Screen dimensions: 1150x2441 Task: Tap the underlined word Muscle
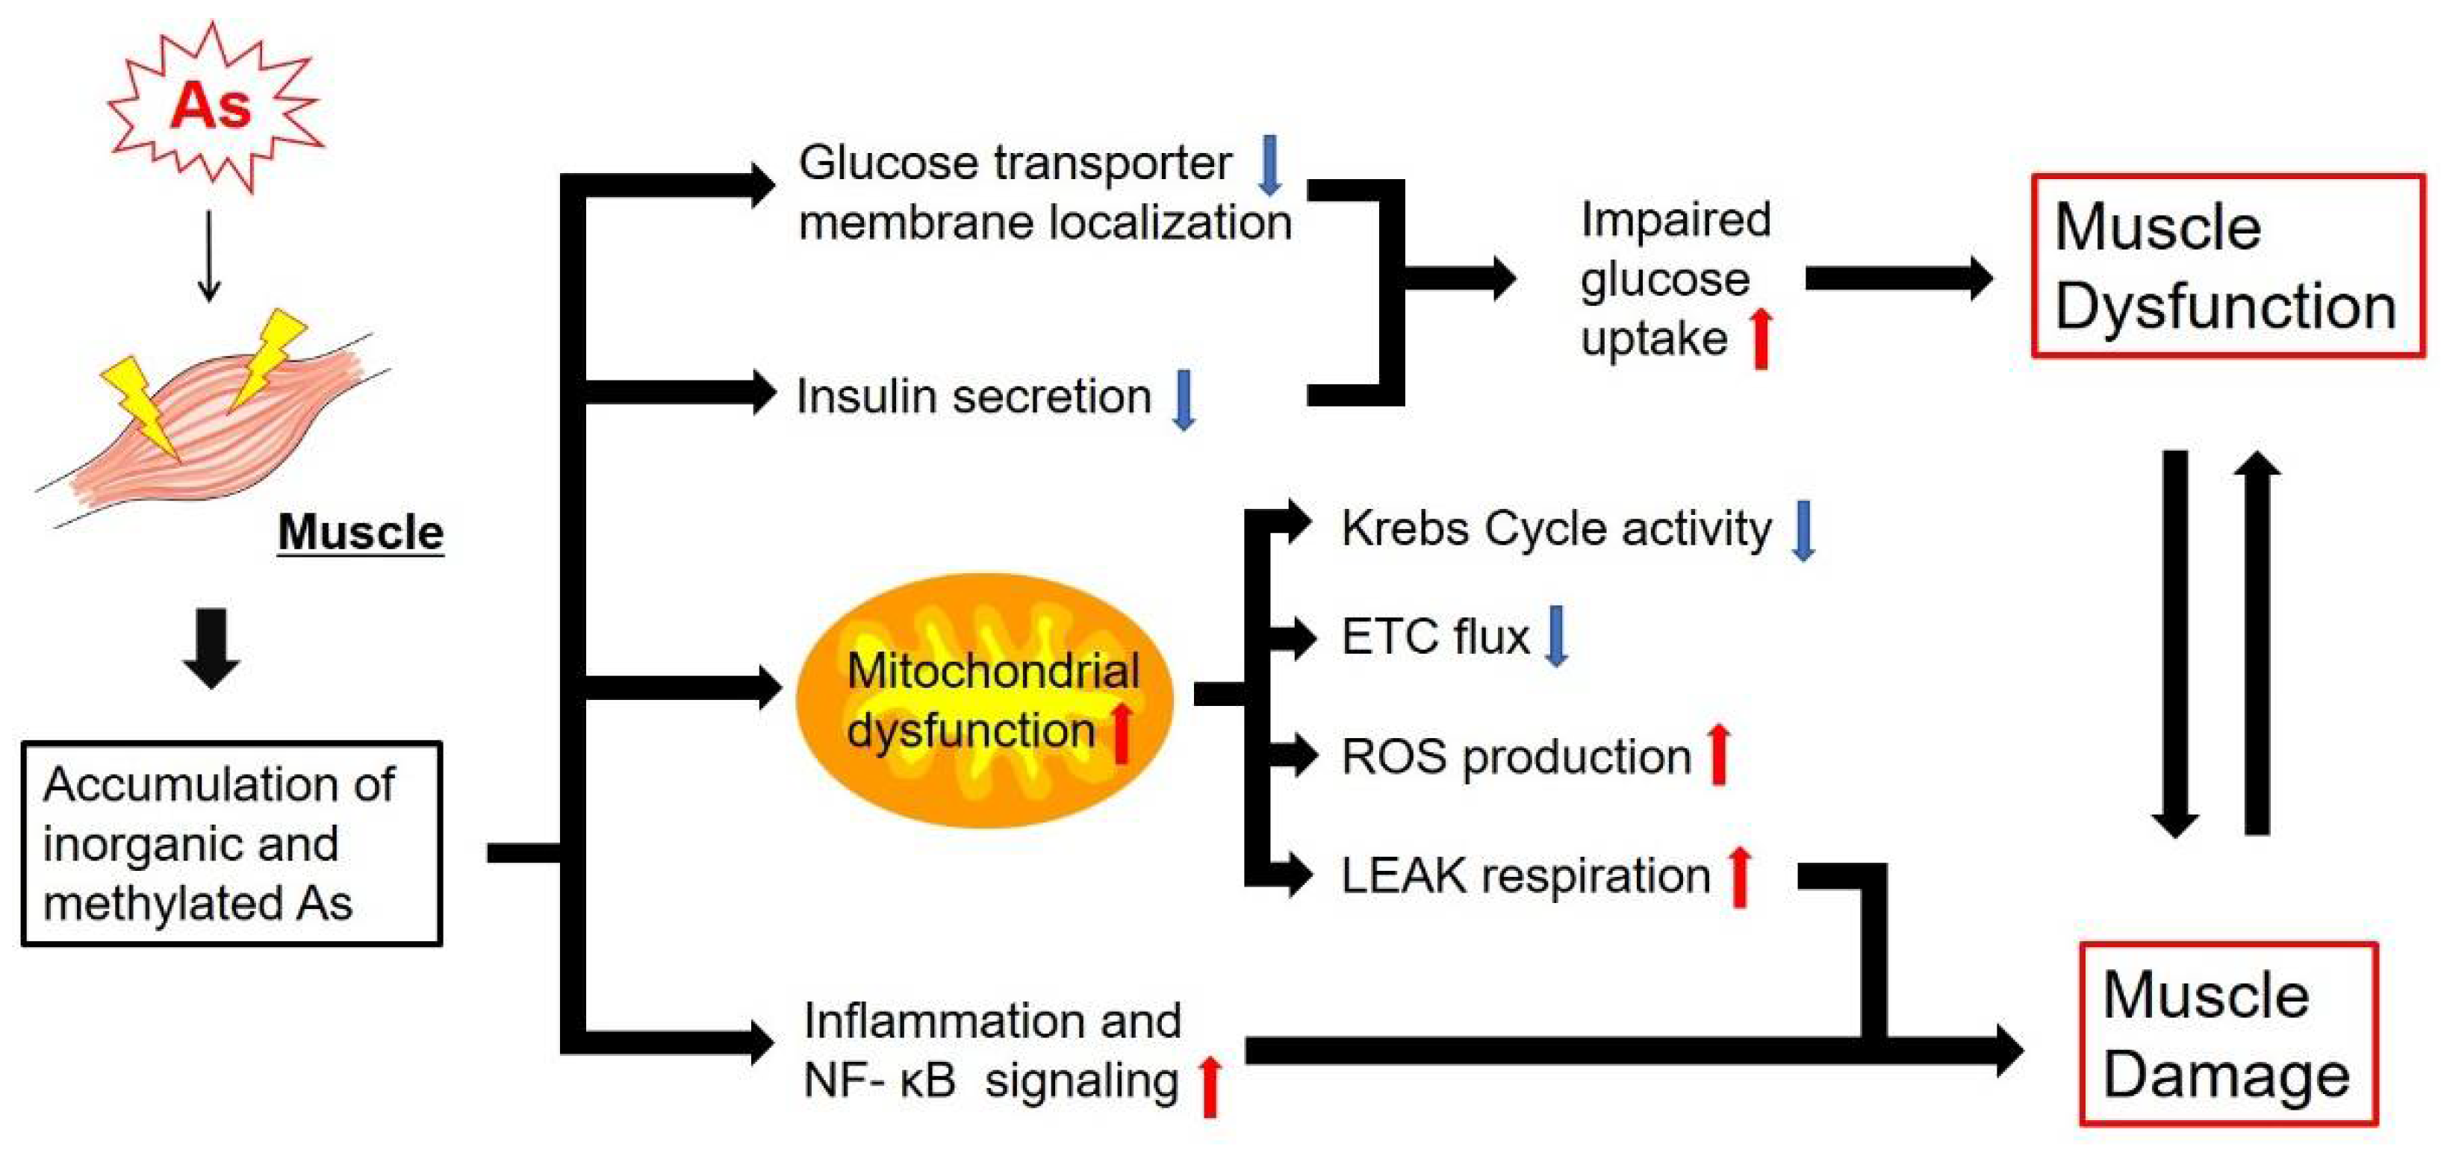pyautogui.click(x=360, y=532)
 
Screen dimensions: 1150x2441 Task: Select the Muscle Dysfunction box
pyautogui.click(x=2227, y=266)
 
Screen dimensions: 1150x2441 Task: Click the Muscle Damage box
pyautogui.click(x=2227, y=1034)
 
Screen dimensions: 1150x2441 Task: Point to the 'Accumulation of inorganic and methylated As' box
pyautogui.click(x=231, y=843)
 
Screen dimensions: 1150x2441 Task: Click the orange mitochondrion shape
pyautogui.click(x=986, y=701)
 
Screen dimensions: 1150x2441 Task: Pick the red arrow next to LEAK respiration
pyautogui.click(x=1740, y=876)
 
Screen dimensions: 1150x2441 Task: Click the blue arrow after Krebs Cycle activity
pyautogui.click(x=1804, y=531)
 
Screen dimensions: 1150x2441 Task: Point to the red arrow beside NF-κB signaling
pyautogui.click(x=1210, y=1087)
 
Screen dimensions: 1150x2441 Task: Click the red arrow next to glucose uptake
pyautogui.click(x=1761, y=339)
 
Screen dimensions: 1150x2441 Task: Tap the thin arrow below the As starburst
pyautogui.click(x=209, y=256)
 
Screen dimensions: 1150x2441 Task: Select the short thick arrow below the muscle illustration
pyautogui.click(x=211, y=648)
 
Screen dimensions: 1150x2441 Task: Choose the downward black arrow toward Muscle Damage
pyautogui.click(x=2174, y=644)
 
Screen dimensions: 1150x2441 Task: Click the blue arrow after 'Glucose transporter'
pyautogui.click(x=1269, y=165)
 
